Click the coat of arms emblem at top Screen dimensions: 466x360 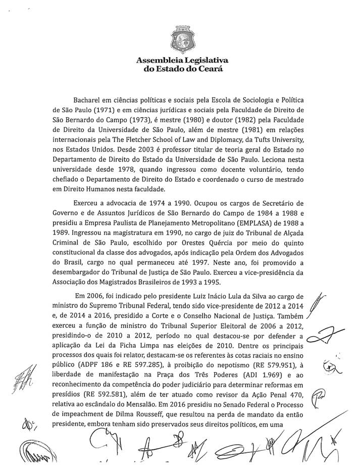point(180,38)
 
